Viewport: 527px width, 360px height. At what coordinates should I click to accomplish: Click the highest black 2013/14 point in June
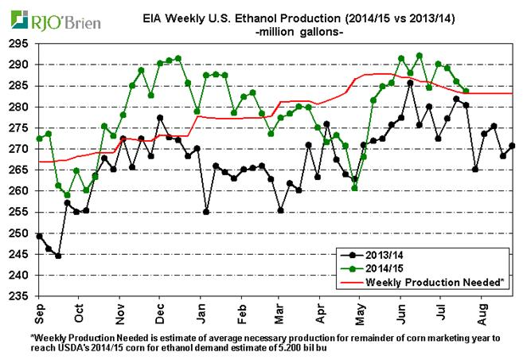410,82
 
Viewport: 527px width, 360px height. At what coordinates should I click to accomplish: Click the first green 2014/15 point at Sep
39,139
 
